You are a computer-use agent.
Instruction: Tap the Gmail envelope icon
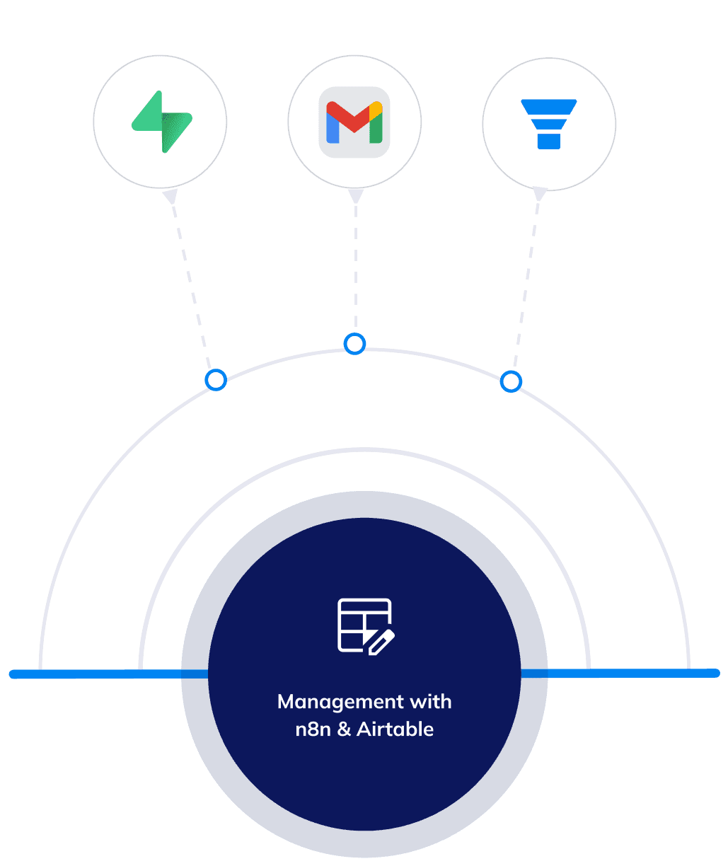[354, 122]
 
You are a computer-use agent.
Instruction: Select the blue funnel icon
[549, 124]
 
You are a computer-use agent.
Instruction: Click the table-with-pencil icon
[364, 625]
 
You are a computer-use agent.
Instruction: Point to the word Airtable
[395, 729]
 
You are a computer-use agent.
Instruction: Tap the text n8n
[313, 729]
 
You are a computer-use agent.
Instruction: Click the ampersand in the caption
[345, 729]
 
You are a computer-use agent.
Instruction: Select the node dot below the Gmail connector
[354, 345]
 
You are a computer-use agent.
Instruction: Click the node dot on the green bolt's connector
[216, 380]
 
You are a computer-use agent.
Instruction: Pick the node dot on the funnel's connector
[511, 382]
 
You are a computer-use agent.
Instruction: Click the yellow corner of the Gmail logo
[376, 110]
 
